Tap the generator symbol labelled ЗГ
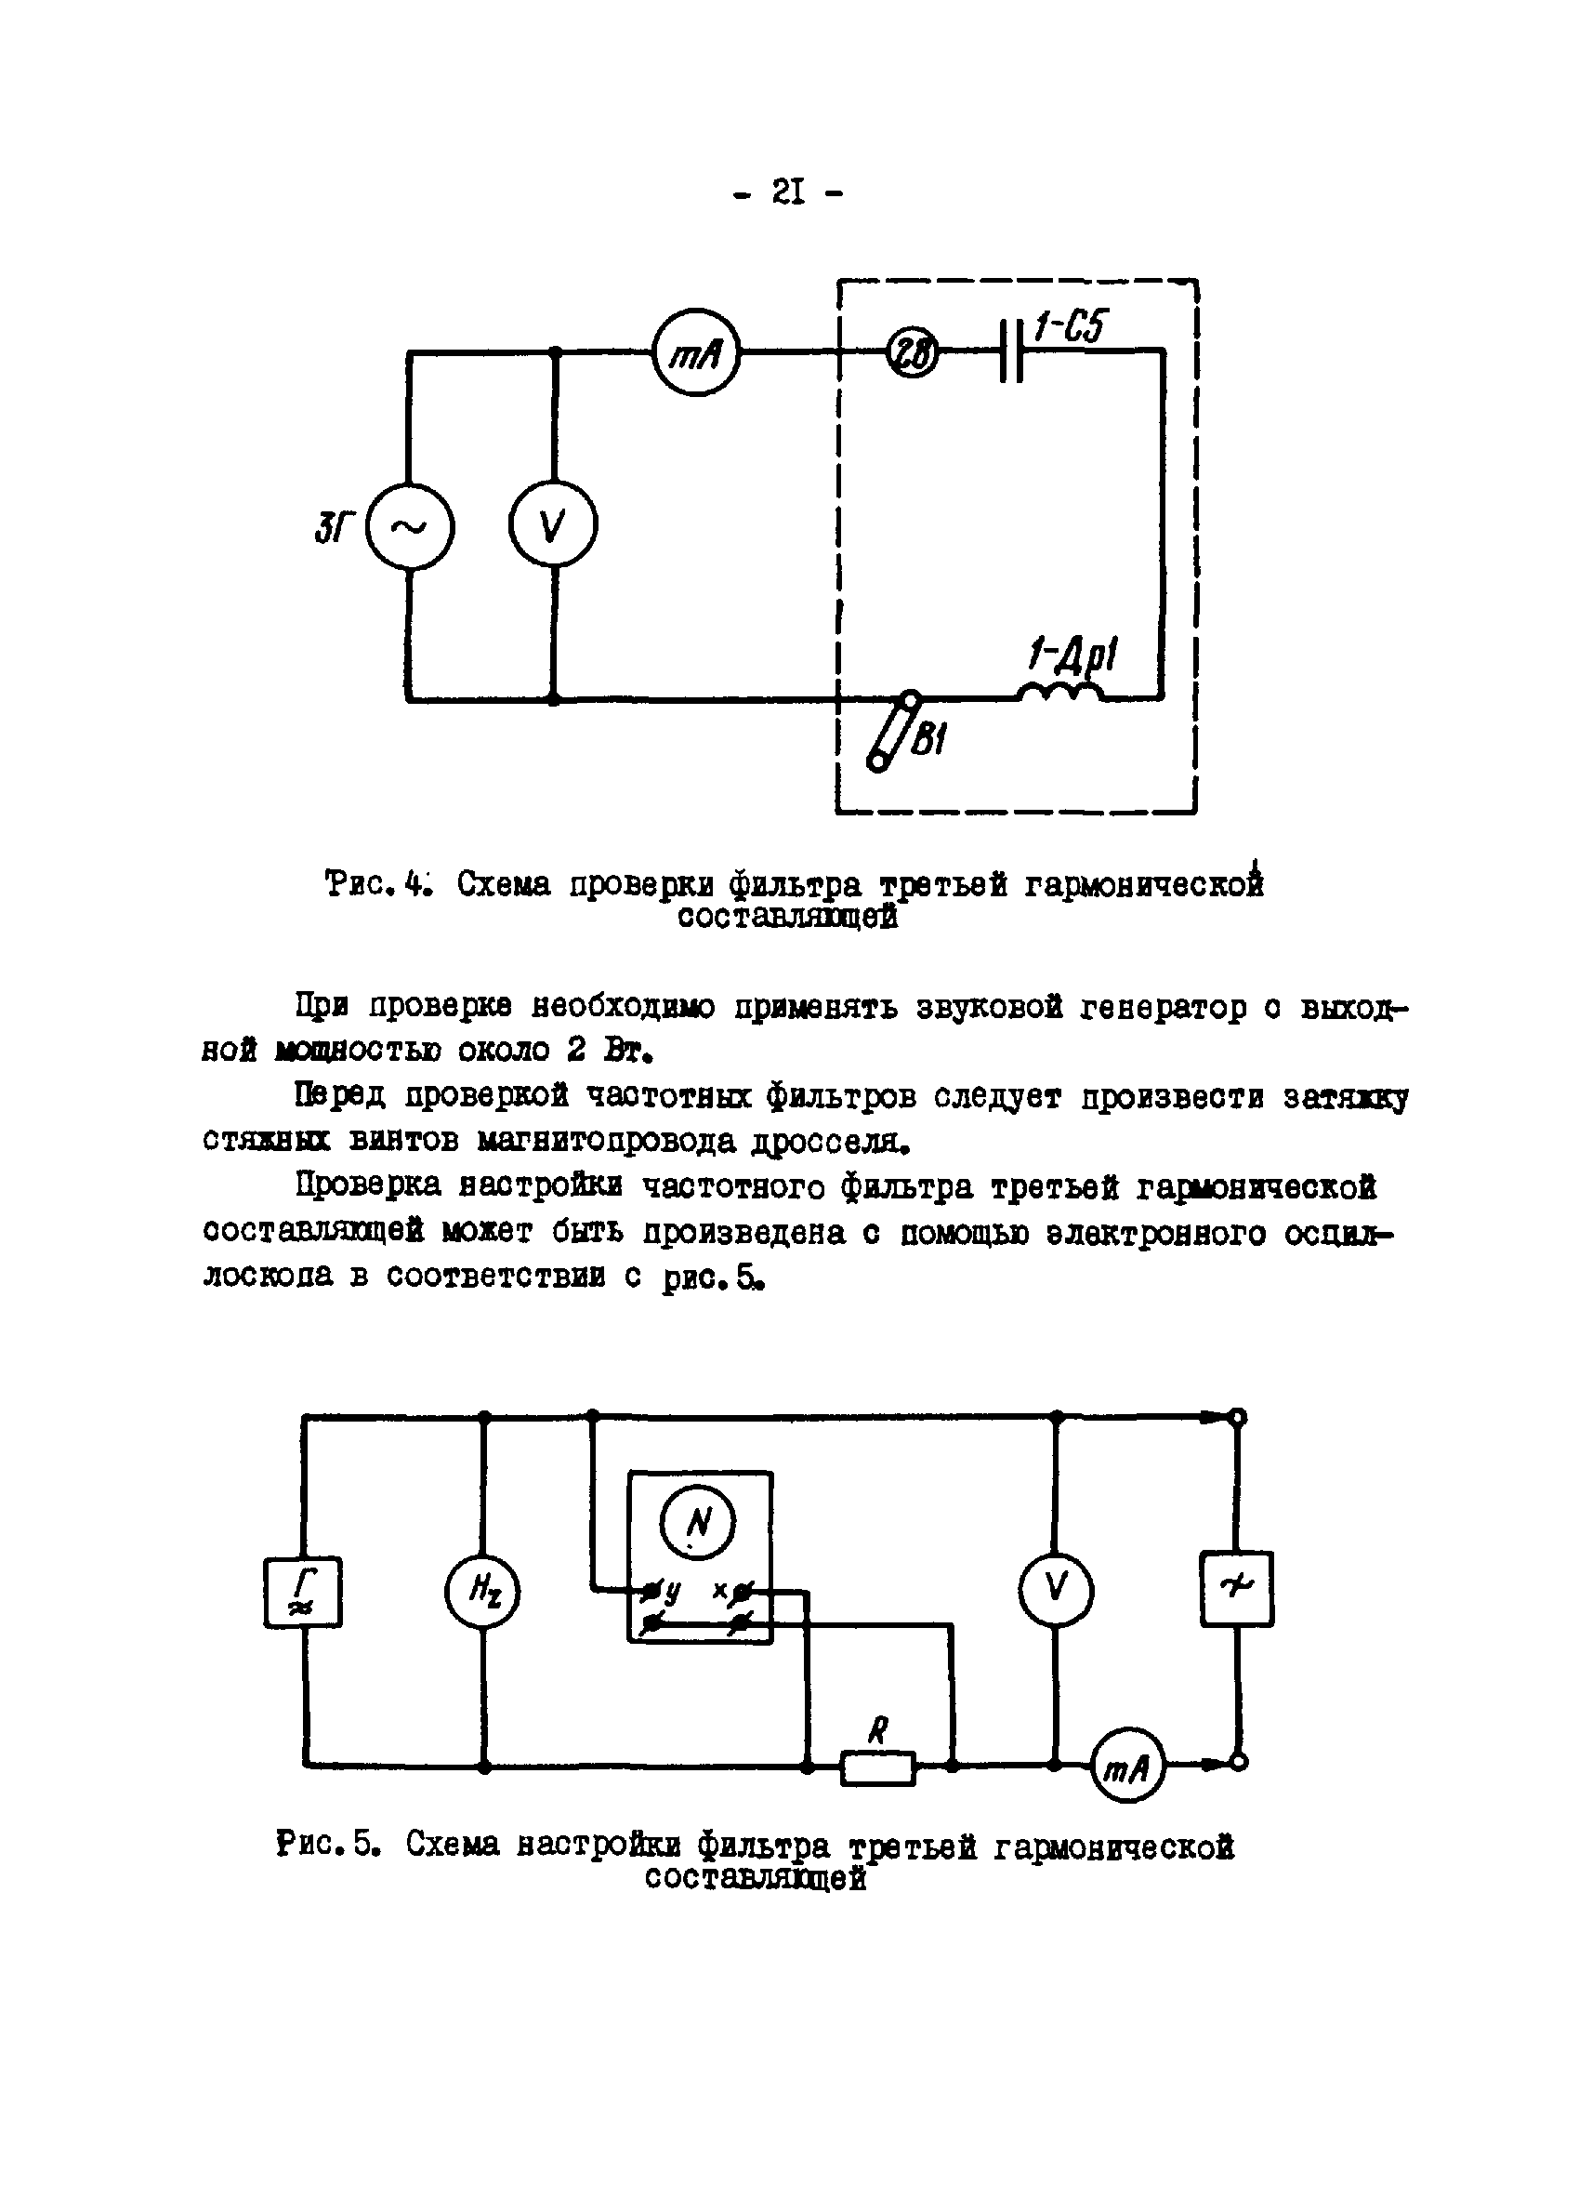(410, 526)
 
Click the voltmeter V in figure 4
(553, 524)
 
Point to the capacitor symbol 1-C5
(1011, 351)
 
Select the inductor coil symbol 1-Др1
(1059, 692)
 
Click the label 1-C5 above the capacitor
(1069, 327)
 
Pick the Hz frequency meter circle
(482, 1592)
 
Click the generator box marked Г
(303, 1592)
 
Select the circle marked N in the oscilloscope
(696, 1524)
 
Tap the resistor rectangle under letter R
(877, 1767)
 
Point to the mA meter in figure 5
(1127, 1767)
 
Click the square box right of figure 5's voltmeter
(1237, 1589)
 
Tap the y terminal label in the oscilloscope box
(672, 1591)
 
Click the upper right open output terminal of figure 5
(1238, 1417)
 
